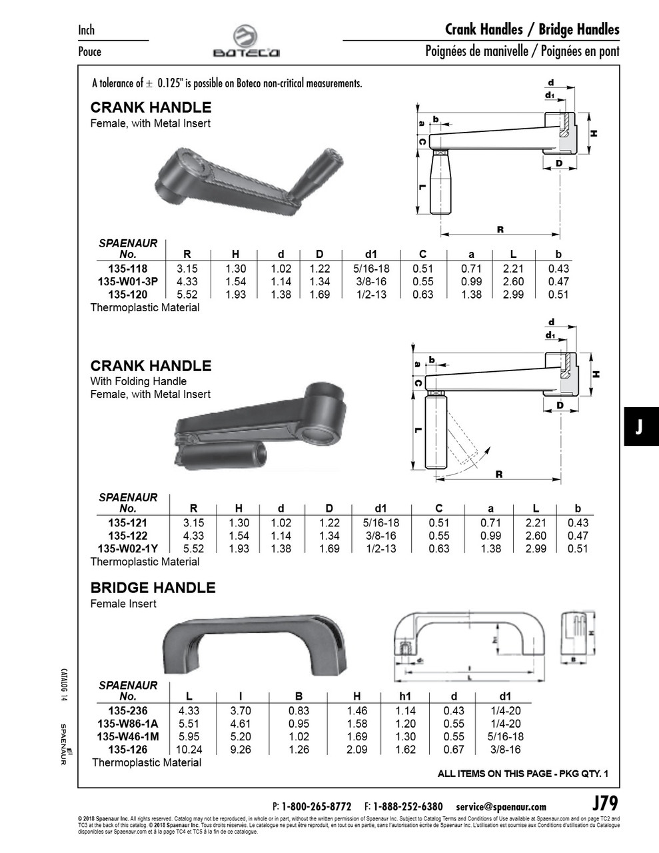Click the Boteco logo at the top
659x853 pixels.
(246, 42)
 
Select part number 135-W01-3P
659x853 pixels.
(128, 281)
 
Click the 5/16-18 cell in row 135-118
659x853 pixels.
(371, 269)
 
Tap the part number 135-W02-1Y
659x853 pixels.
(128, 548)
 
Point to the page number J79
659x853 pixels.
(605, 802)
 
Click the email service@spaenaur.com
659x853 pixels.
(501, 806)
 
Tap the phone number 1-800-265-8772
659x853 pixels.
(317, 806)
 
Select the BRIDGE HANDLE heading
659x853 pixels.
(153, 588)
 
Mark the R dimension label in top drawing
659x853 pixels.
(500, 229)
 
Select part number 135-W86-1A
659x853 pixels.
(128, 724)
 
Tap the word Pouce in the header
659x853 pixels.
(90, 51)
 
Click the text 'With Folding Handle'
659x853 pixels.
(138, 381)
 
